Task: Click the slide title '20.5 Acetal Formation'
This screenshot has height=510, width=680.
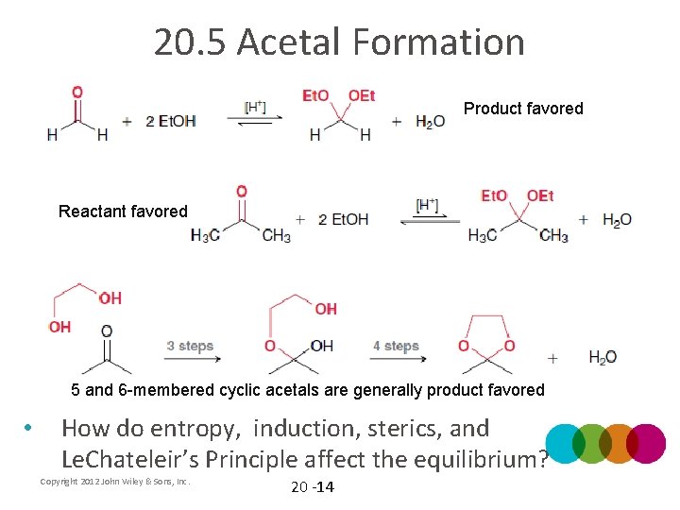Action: click(339, 42)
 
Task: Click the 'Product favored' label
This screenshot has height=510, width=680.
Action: click(523, 109)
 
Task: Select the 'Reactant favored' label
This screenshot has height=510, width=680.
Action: click(123, 212)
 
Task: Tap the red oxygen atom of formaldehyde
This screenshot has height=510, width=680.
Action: click(76, 93)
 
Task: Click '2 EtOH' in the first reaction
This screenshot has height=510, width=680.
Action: click(171, 121)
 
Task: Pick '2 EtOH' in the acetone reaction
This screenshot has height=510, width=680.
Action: click(344, 219)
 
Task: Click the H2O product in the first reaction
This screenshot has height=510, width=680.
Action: click(430, 121)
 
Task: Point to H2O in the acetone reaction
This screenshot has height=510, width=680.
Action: click(617, 219)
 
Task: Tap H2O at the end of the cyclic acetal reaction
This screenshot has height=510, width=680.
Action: click(603, 357)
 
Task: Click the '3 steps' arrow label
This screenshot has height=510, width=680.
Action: click(190, 346)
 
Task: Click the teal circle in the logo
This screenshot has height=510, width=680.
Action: click(567, 443)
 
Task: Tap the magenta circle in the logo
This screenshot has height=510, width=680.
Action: click(646, 443)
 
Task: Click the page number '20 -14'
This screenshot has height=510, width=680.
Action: click(312, 487)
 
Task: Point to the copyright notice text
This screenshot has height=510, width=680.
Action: click(115, 482)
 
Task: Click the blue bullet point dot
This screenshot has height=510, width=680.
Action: click(29, 429)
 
